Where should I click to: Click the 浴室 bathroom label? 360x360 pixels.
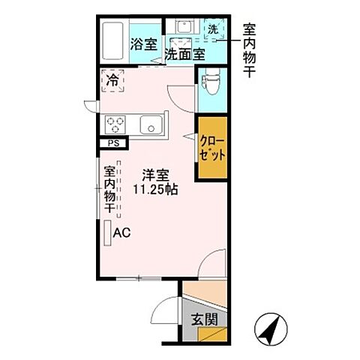pyautogui.click(x=143, y=44)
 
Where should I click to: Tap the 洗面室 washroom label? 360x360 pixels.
pyautogui.click(x=184, y=54)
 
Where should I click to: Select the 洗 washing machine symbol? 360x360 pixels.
pyautogui.click(x=213, y=29)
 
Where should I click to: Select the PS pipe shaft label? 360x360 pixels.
pyautogui.click(x=114, y=143)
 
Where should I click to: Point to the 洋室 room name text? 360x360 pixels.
pyautogui.click(x=156, y=176)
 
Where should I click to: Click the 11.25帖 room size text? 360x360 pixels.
pyautogui.click(x=156, y=190)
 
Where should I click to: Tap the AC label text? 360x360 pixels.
pyautogui.click(x=121, y=232)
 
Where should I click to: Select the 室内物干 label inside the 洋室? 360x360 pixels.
pyautogui.click(x=109, y=187)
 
